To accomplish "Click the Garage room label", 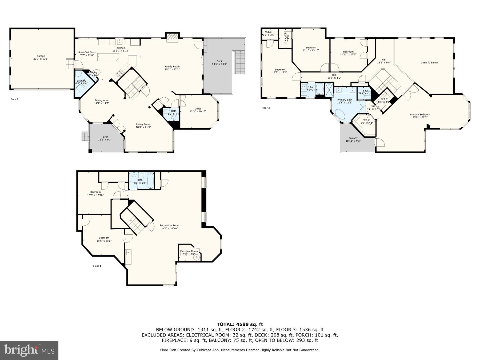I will pos(41,56).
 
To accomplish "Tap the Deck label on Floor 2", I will pos(219,61).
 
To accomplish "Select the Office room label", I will pos(198,109).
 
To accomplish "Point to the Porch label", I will pos(105,137).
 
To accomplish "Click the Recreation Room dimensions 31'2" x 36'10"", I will pos(169,229).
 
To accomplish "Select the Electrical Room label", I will pos(189,251).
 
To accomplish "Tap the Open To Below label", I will pos(429,63).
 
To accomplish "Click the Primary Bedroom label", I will pos(420,115).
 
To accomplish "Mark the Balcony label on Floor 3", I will pos(353,138).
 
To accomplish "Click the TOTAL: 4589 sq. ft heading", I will pos(240,324).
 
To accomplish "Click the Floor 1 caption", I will pos(97,266).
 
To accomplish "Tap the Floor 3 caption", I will pos(266,108).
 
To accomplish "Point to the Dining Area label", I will pos(102,101).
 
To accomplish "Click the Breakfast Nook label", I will pos(87,53).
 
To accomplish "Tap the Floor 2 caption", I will pos(14,99).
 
